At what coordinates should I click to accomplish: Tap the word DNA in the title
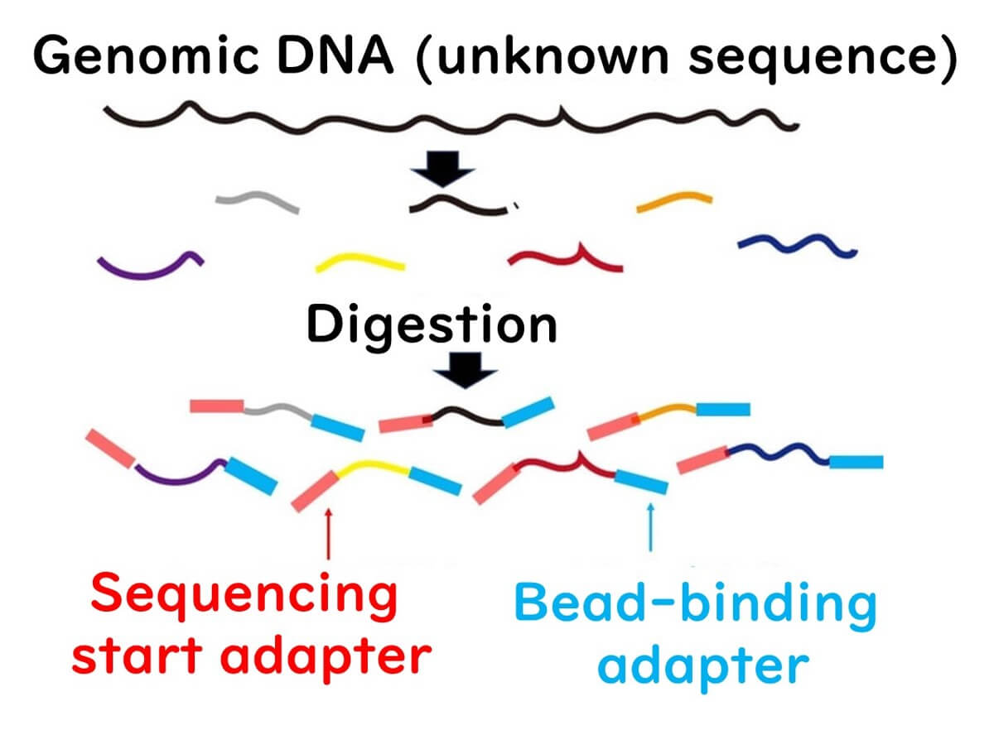coord(354,59)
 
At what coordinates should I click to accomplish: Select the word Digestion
coord(431,324)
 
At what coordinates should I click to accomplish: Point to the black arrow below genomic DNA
coord(444,171)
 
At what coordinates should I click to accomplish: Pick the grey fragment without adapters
coord(256,201)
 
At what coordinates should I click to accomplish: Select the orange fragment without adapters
coord(673,201)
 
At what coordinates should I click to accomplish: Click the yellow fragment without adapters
coord(360,263)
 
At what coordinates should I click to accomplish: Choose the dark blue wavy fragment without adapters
coord(795,244)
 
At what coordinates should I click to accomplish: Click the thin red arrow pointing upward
coord(329,534)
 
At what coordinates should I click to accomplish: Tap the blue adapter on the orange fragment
coord(722,409)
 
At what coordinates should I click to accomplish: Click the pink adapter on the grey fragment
coord(216,406)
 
